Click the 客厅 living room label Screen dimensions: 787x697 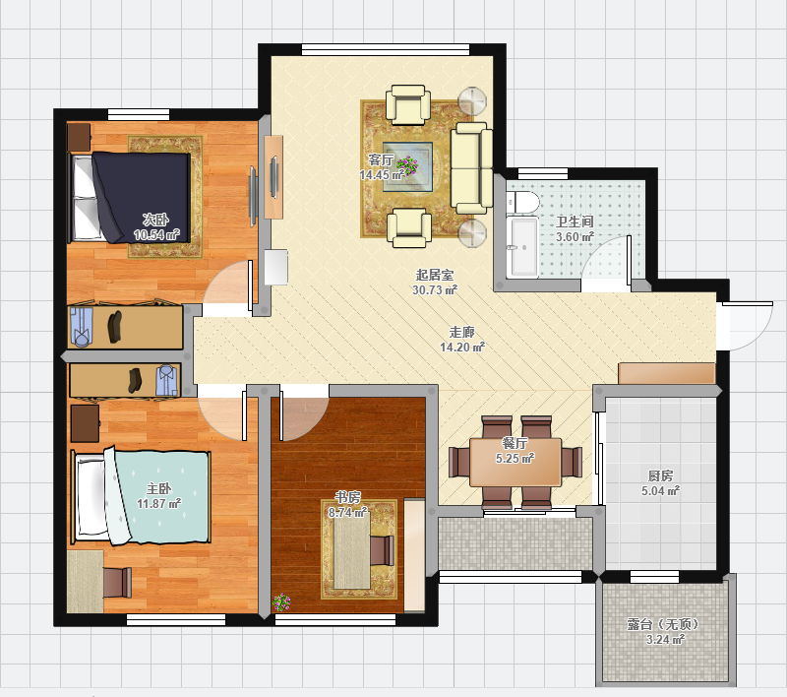tap(381, 159)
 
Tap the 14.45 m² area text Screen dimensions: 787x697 tap(382, 175)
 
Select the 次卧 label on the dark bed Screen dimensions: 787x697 tap(155, 220)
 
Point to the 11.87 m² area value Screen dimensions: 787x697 tap(159, 503)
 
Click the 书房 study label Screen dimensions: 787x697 tap(348, 497)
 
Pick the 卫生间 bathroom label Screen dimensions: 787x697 tap(575, 222)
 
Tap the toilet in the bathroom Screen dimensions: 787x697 tap(522, 203)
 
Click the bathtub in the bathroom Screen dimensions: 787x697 tap(522, 247)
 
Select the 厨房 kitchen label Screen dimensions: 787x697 tap(660, 475)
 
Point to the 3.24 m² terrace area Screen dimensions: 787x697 tap(666, 639)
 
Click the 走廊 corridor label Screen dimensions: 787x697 tap(461, 332)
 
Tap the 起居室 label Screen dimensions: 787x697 tap(435, 275)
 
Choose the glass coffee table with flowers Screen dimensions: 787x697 tap(407, 166)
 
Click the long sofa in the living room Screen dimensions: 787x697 tap(471, 168)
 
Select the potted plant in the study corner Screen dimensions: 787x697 tap(281, 602)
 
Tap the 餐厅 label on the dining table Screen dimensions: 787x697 tap(515, 443)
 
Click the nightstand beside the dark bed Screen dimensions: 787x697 tap(79, 137)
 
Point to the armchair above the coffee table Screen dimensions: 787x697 tap(408, 104)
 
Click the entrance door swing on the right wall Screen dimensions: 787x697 tap(748, 326)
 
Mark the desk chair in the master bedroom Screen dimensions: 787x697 tap(118, 583)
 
